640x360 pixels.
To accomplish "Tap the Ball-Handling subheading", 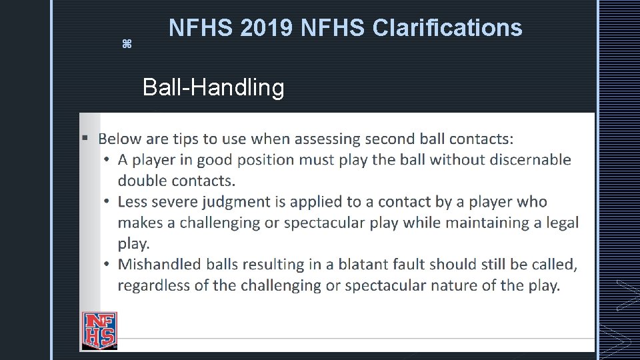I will tap(213, 87).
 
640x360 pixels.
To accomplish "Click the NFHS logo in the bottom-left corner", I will tap(99, 329).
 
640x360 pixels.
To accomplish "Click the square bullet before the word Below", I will tap(85, 139).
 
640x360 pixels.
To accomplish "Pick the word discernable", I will tap(525, 160).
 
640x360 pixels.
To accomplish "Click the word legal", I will tap(561, 223).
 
